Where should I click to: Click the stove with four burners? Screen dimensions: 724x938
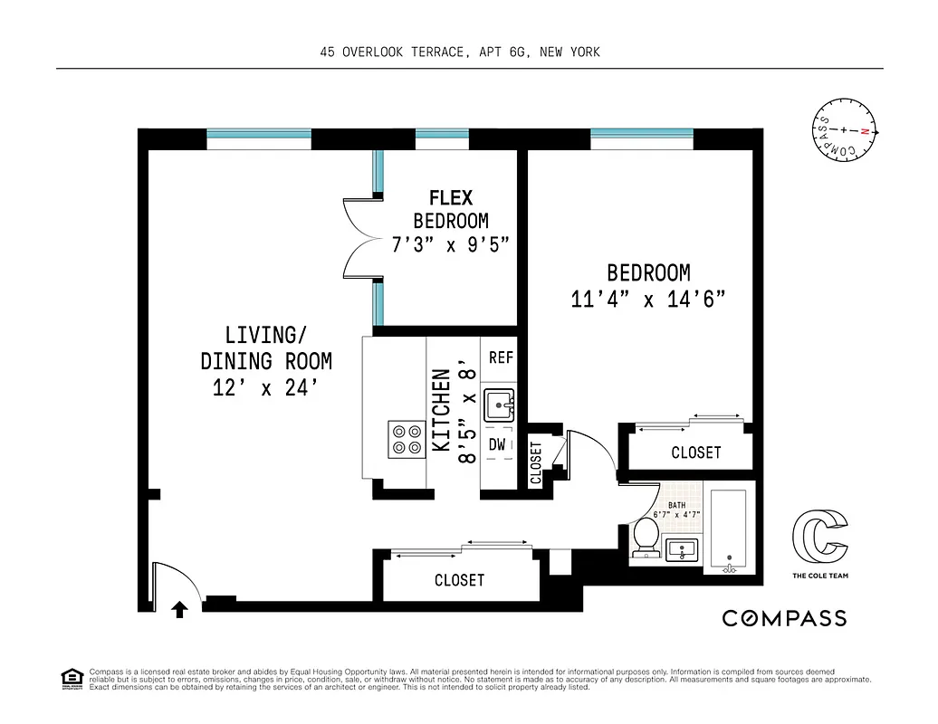click(407, 438)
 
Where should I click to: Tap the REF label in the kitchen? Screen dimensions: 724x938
click(501, 357)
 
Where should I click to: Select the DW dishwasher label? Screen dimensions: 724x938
click(497, 444)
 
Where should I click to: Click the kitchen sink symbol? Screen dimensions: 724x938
click(498, 405)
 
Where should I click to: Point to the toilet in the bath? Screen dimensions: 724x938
click(646, 535)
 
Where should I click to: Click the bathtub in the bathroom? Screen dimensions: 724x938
click(728, 532)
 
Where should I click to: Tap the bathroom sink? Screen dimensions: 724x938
click(683, 548)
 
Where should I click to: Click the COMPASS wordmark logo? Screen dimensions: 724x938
click(784, 618)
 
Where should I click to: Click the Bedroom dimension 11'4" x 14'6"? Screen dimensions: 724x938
click(648, 300)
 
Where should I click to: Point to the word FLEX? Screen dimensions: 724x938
click(451, 198)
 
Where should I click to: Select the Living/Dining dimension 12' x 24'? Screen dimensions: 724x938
click(265, 388)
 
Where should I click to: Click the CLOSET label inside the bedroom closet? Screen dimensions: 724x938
click(695, 452)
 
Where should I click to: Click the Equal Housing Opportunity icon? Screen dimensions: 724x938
click(71, 678)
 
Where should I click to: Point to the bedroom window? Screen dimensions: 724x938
click(641, 138)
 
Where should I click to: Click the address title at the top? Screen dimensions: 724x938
click(460, 52)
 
